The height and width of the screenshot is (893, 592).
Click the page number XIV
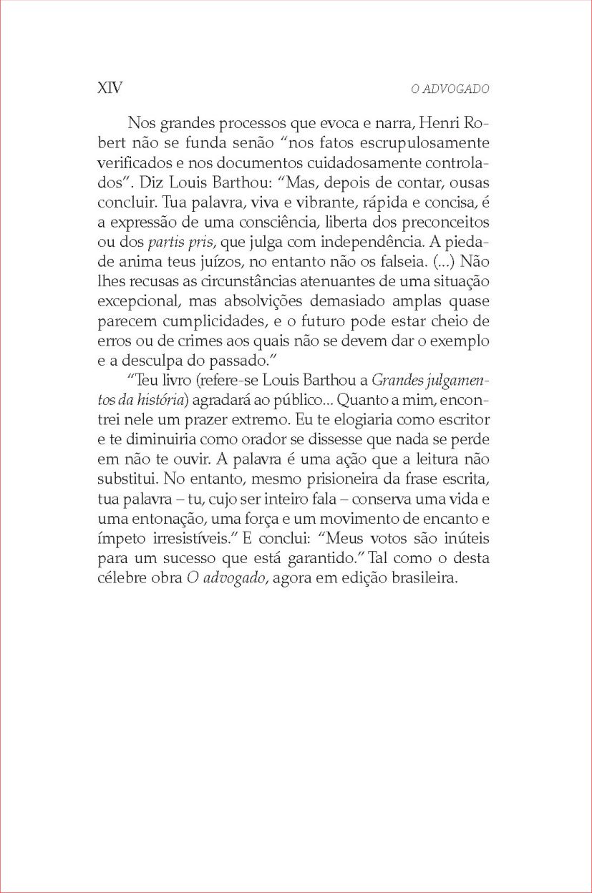click(109, 88)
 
